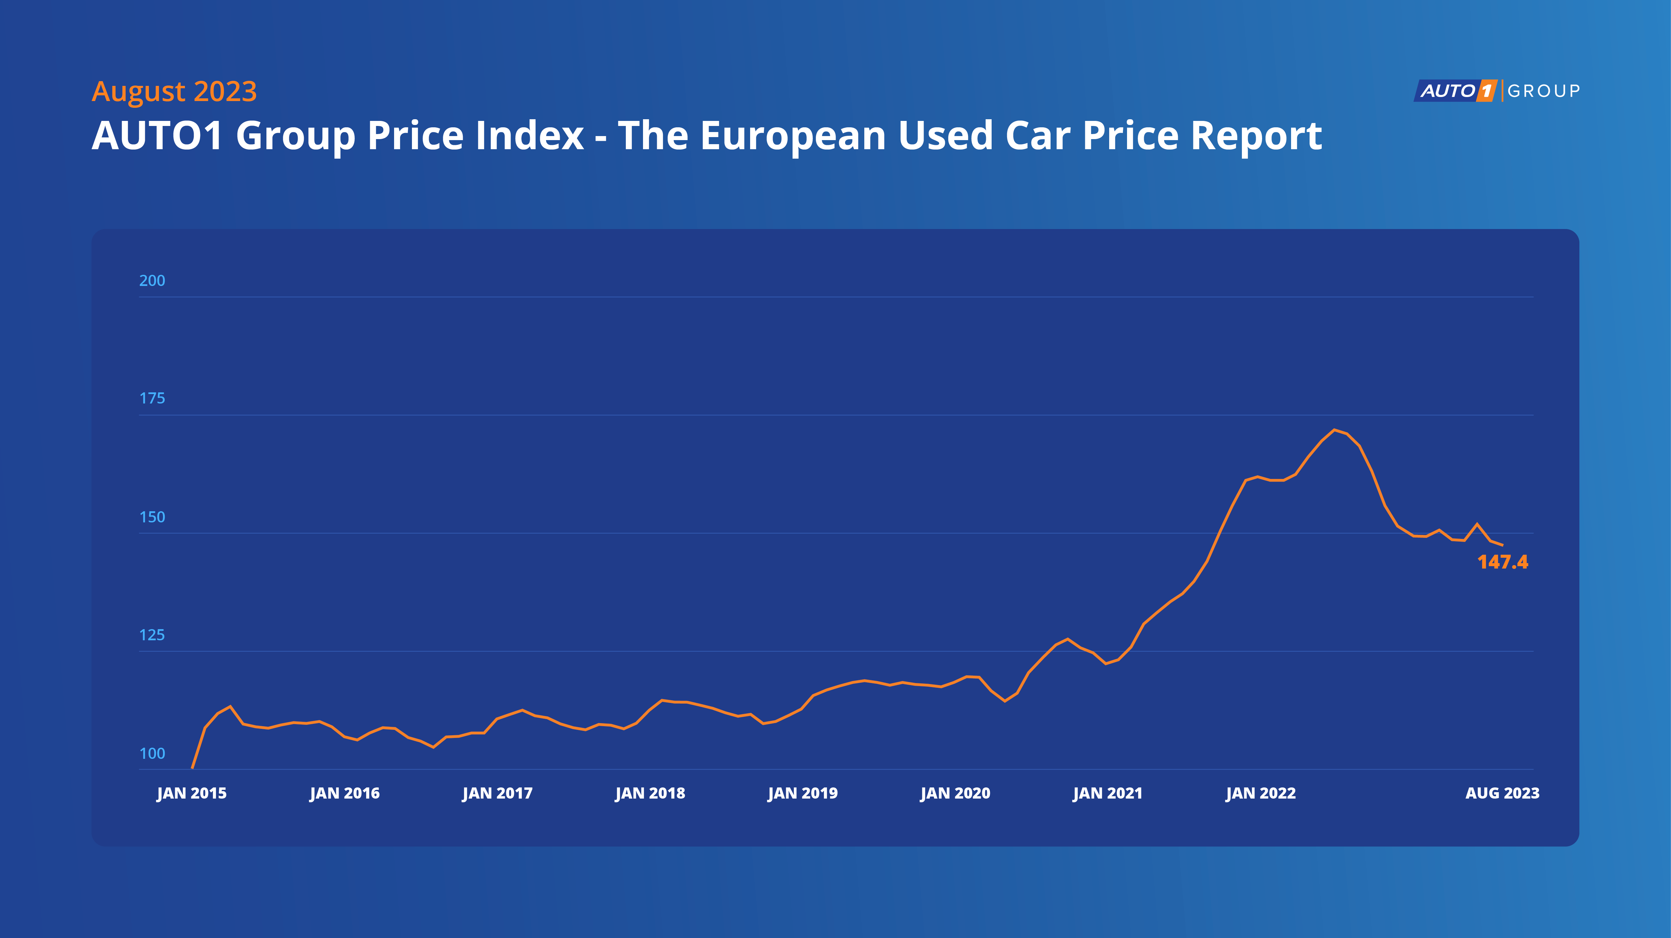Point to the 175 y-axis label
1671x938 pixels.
click(153, 398)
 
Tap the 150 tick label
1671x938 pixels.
click(153, 517)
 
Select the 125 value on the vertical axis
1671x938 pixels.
click(153, 635)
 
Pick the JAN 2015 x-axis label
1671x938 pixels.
click(192, 794)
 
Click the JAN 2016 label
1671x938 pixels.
click(345, 794)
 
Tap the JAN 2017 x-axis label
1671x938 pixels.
click(497, 794)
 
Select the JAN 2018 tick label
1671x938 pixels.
click(650, 794)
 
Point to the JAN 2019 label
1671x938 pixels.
click(803, 794)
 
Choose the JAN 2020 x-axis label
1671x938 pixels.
click(956, 794)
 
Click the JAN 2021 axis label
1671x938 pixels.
click(1108, 794)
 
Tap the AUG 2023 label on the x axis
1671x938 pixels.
click(1502, 794)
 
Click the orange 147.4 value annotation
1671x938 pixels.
click(1502, 562)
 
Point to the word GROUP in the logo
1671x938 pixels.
click(1544, 91)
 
